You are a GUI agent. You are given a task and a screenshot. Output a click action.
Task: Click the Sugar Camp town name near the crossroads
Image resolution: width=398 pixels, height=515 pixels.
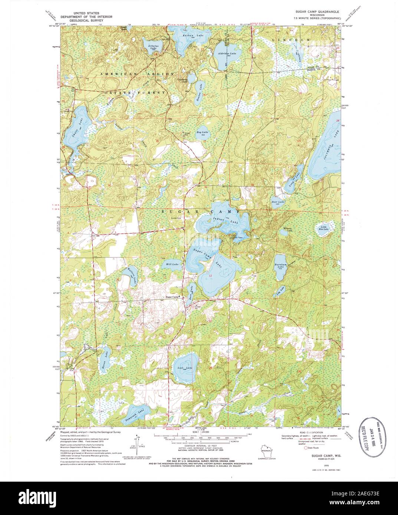(x=172, y=297)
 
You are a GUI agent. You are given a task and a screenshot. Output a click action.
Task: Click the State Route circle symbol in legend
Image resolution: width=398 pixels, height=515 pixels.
(x=306, y=448)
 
